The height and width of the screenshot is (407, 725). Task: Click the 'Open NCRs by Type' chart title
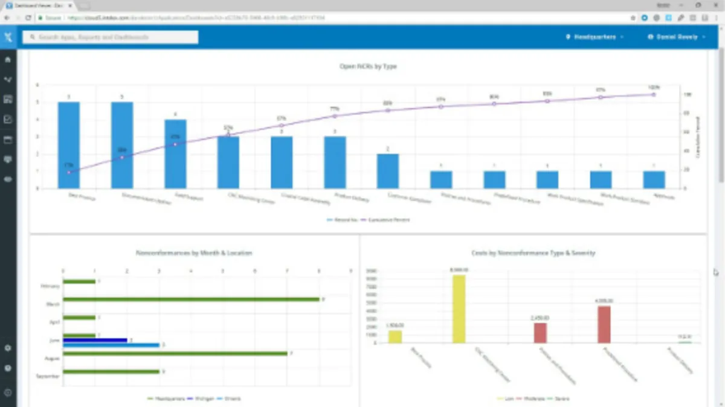368,66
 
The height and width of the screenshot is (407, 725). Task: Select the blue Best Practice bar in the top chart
69,145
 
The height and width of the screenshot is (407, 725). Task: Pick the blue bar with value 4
175,154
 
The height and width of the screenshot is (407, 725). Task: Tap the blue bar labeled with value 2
388,171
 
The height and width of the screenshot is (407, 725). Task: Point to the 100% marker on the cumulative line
654,94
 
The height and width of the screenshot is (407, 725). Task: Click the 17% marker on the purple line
69,172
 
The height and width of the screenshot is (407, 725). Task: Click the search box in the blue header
111,37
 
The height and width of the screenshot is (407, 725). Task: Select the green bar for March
191,299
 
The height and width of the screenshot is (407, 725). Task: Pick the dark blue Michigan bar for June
95,341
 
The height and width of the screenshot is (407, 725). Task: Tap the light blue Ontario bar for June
111,345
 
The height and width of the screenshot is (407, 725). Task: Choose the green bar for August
175,353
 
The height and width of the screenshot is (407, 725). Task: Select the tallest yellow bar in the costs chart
459,309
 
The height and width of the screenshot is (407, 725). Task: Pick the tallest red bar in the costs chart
604,324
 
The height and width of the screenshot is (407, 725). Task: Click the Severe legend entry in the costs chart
561,399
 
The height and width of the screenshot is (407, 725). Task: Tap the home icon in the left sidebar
8,60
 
